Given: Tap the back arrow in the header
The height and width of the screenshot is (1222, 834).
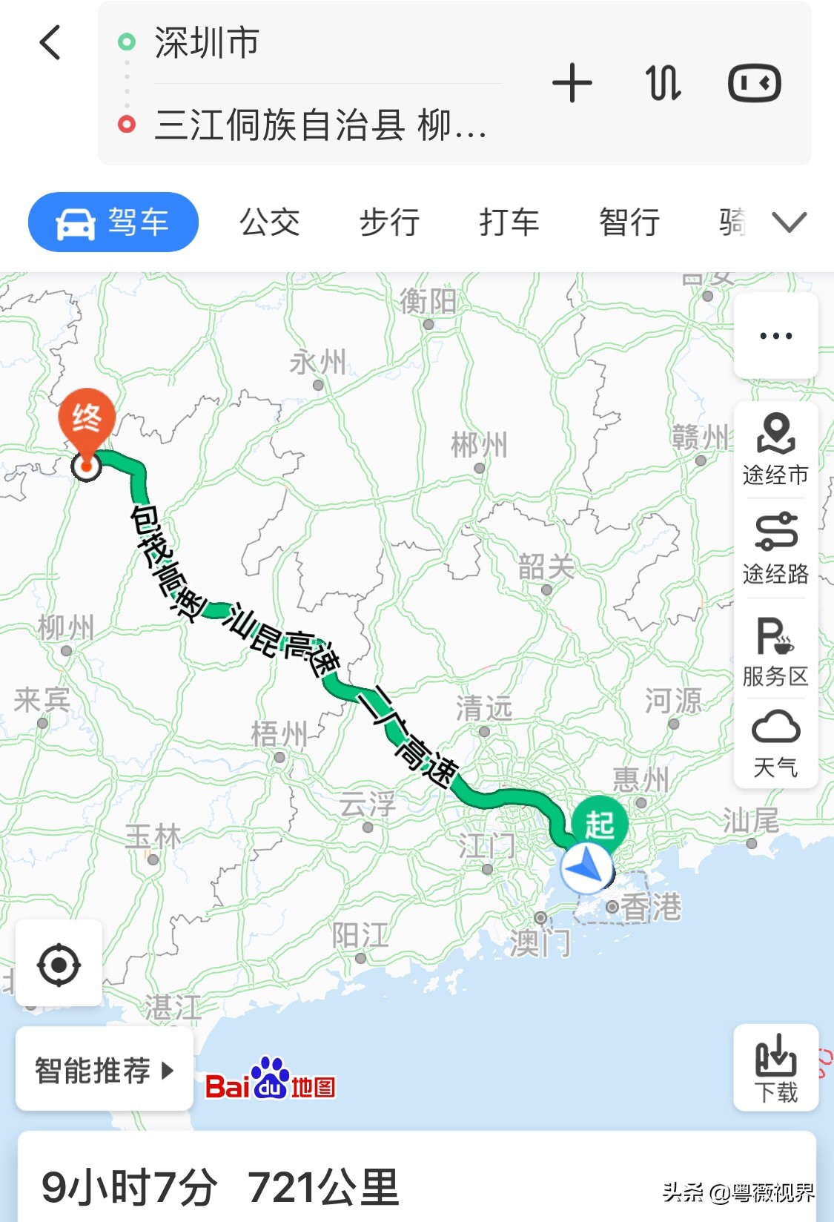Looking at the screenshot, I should [50, 42].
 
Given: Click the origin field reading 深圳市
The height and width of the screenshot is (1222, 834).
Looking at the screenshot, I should [207, 43].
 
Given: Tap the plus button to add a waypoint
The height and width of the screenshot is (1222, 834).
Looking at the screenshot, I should [572, 83].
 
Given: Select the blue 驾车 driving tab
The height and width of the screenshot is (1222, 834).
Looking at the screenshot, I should [113, 222].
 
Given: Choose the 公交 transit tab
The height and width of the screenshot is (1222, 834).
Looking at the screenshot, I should [269, 222].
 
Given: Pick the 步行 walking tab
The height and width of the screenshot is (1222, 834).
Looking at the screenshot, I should [389, 222].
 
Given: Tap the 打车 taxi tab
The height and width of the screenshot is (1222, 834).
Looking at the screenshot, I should [509, 222].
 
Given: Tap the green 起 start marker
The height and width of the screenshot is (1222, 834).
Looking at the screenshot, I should [600, 824].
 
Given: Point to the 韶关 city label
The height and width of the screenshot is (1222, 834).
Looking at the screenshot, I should [546, 567].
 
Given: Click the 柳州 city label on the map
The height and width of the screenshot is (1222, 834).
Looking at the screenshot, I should [66, 628].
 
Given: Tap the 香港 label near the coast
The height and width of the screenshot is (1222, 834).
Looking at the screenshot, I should [650, 907].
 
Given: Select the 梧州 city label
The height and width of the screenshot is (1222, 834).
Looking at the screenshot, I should [279, 735].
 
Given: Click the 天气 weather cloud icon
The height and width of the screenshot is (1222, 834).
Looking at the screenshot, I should [775, 727].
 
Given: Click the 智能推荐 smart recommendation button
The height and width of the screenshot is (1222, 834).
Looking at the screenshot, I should [104, 1070].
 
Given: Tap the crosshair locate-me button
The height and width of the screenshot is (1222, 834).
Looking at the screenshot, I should [59, 965].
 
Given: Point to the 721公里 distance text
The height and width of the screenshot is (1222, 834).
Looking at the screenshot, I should [323, 1187].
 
